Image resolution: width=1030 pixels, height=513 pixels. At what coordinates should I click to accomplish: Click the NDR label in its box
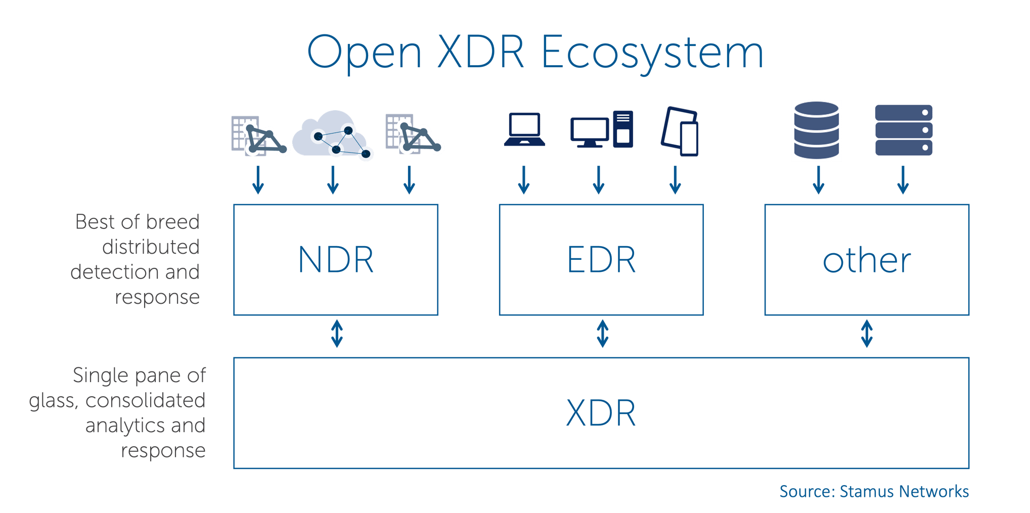click(336, 260)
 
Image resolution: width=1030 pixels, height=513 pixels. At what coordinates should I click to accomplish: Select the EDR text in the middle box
click(601, 260)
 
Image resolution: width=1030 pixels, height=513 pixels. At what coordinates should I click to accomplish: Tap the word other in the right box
click(867, 261)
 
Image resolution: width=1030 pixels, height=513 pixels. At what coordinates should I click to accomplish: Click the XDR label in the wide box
click(601, 413)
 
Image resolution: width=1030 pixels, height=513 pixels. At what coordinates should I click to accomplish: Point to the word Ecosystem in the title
click(652, 53)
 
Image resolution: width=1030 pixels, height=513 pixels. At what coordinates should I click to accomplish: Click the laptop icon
click(524, 130)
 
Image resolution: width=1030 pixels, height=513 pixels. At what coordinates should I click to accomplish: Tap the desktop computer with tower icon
click(602, 130)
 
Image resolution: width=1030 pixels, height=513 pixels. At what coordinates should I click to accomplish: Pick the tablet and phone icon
click(680, 131)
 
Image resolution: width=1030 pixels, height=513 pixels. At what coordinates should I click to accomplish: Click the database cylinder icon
click(816, 130)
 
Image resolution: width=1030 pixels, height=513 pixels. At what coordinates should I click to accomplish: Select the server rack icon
click(904, 130)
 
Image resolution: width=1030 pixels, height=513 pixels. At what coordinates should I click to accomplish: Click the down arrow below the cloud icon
click(333, 180)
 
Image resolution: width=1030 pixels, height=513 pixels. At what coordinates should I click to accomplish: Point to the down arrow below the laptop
click(524, 180)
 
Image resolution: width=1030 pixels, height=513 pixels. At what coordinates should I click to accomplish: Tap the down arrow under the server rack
click(903, 180)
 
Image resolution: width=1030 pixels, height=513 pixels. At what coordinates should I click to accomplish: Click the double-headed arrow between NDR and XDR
click(337, 334)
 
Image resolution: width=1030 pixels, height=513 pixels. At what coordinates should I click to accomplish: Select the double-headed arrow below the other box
click(867, 334)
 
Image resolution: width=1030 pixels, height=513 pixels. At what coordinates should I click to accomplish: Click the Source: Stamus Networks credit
click(874, 491)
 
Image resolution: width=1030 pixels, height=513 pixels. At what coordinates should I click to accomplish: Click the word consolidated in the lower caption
click(145, 400)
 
